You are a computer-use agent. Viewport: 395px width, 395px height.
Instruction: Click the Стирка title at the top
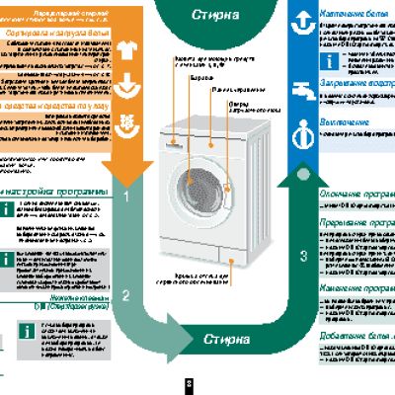tap(219, 15)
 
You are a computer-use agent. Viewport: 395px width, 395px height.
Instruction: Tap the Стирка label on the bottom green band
tap(219, 340)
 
